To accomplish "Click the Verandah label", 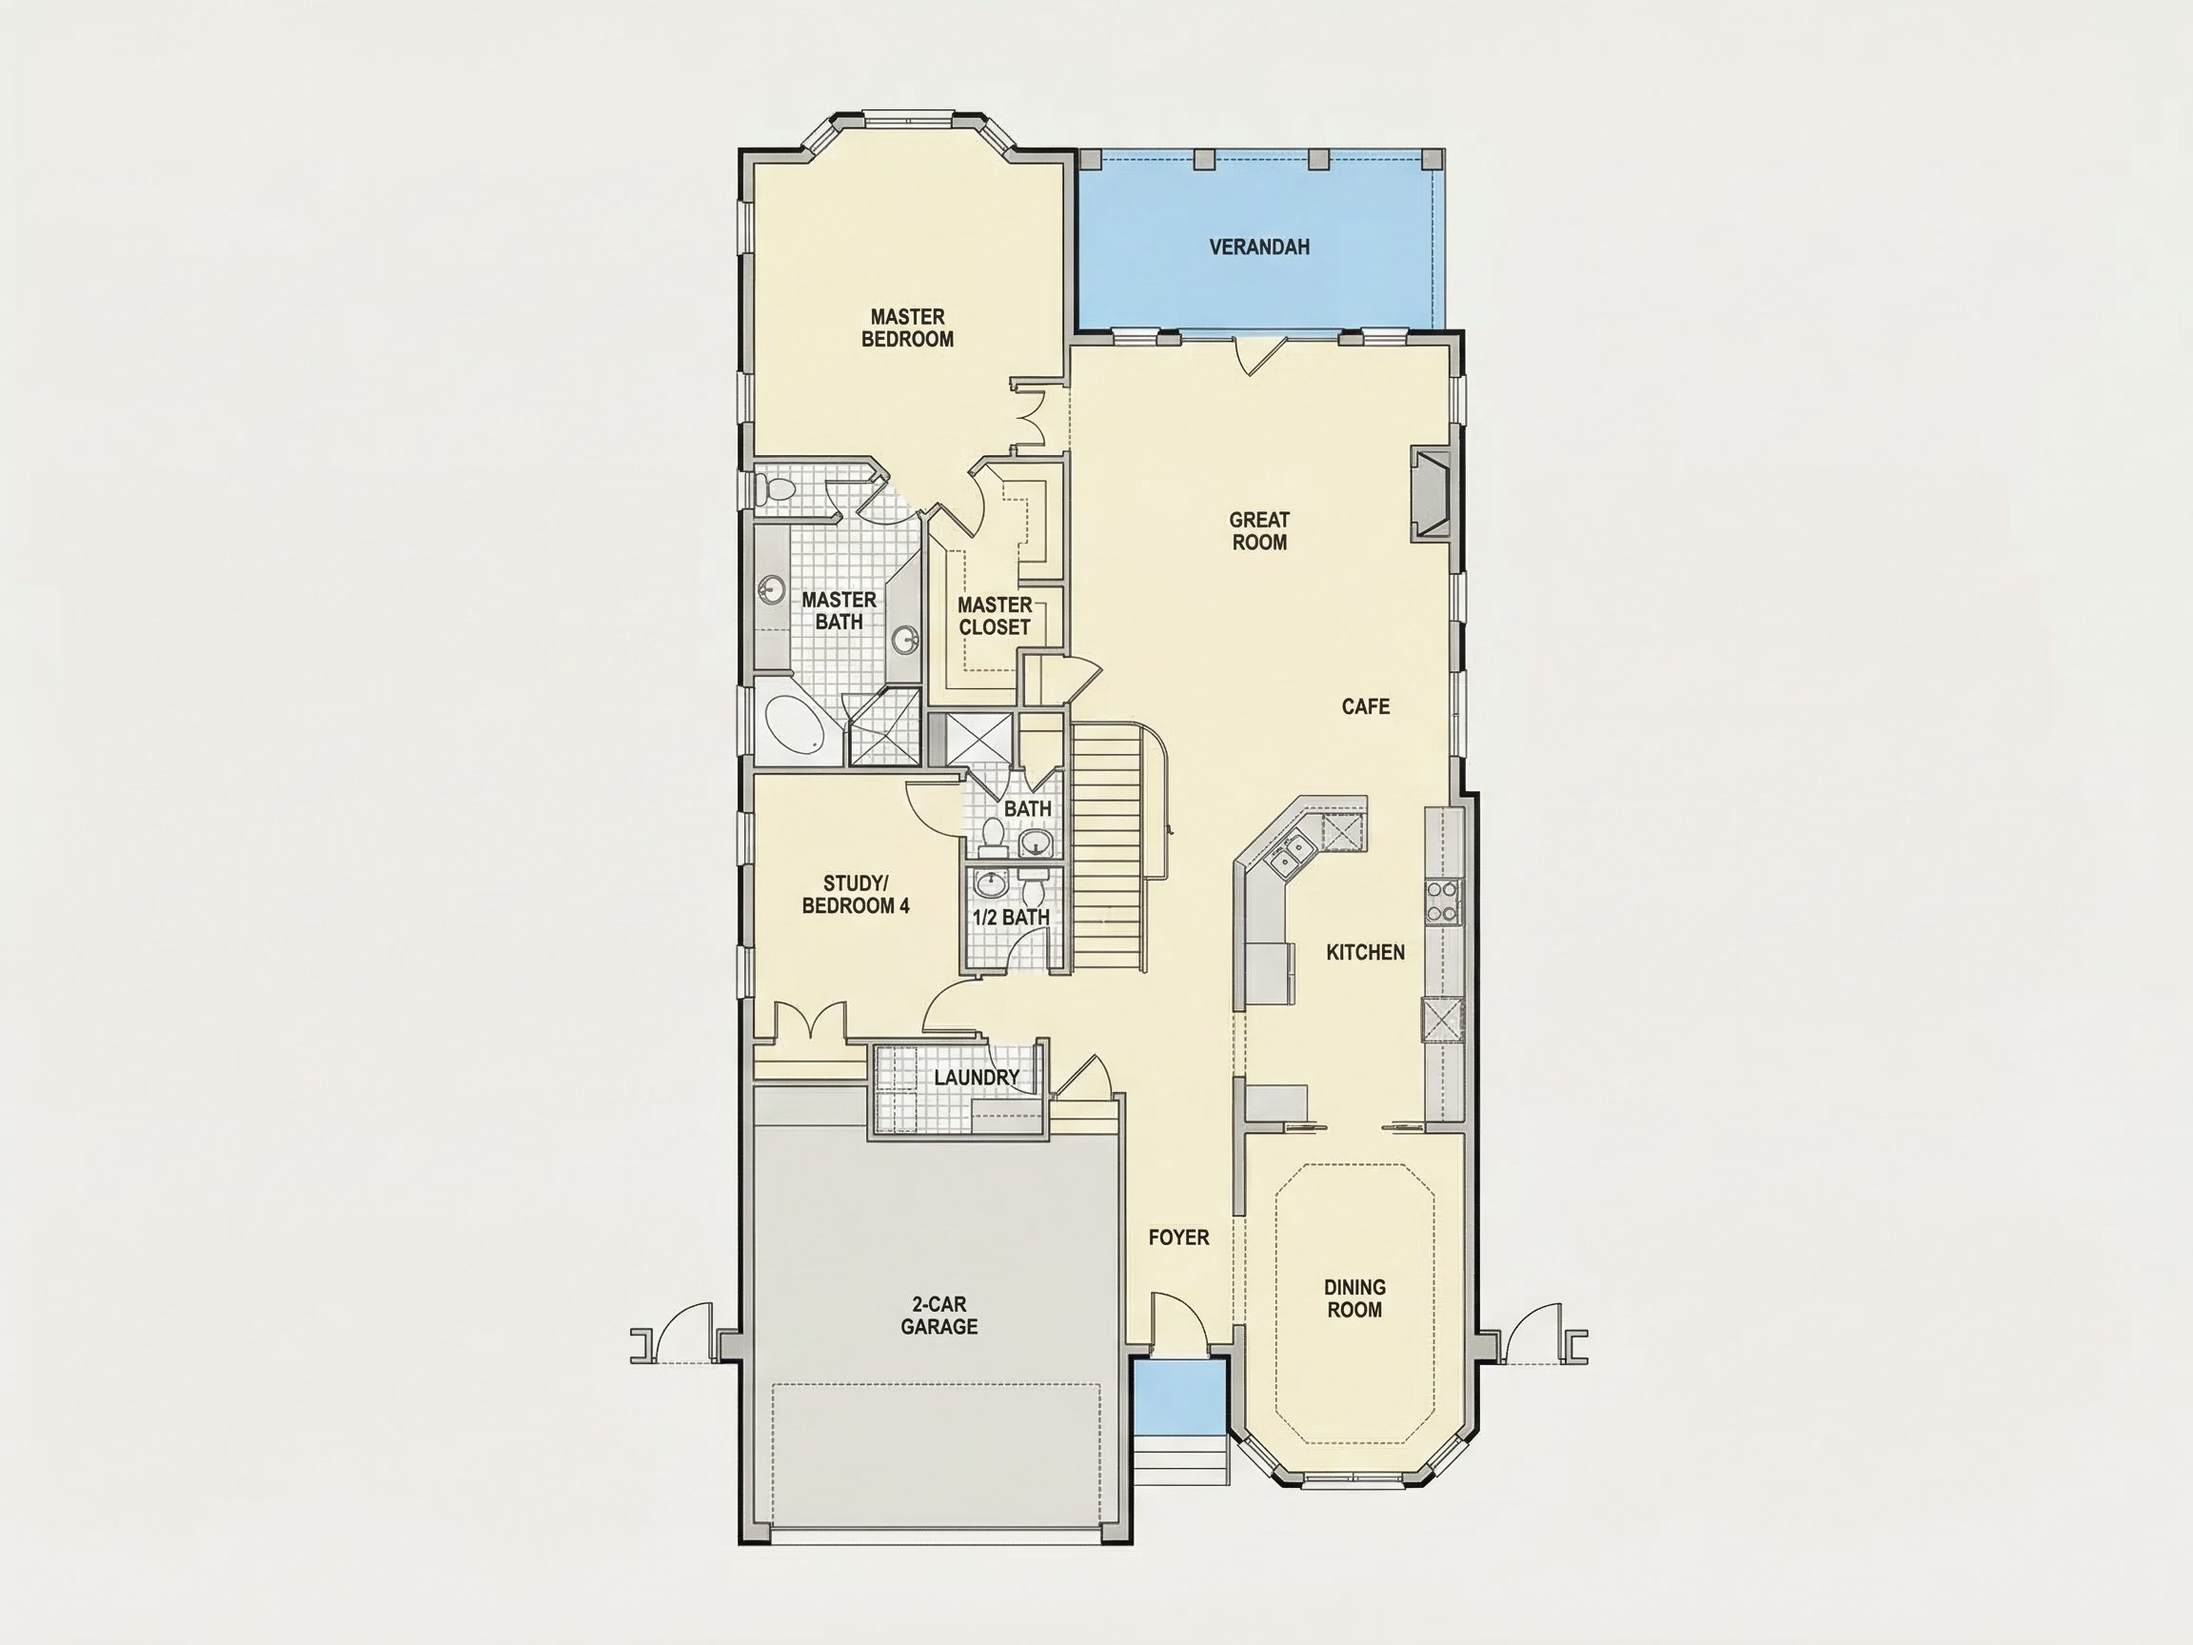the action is pyautogui.click(x=1259, y=247).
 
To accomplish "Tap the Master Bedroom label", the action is pyautogui.click(x=907, y=328).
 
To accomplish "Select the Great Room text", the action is pyautogui.click(x=1259, y=530).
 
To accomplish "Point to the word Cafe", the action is pyautogui.click(x=1365, y=707).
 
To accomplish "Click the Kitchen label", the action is pyautogui.click(x=1365, y=952).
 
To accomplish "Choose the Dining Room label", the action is pyautogui.click(x=1354, y=1298).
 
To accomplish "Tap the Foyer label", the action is pyautogui.click(x=1178, y=1238).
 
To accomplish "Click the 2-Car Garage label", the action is pyautogui.click(x=938, y=1316).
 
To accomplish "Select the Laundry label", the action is pyautogui.click(x=977, y=1077).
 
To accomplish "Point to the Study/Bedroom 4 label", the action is pyautogui.click(x=856, y=895).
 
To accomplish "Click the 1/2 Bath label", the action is pyautogui.click(x=1010, y=917).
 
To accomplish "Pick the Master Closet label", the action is pyautogui.click(x=995, y=616).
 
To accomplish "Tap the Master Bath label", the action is pyautogui.click(x=839, y=611).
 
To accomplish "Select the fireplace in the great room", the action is pyautogui.click(x=1431, y=494).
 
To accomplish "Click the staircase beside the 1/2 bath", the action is pyautogui.click(x=1107, y=848).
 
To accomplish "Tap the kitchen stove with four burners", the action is pyautogui.click(x=1441, y=902).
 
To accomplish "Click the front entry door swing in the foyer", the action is pyautogui.click(x=1177, y=1318).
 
